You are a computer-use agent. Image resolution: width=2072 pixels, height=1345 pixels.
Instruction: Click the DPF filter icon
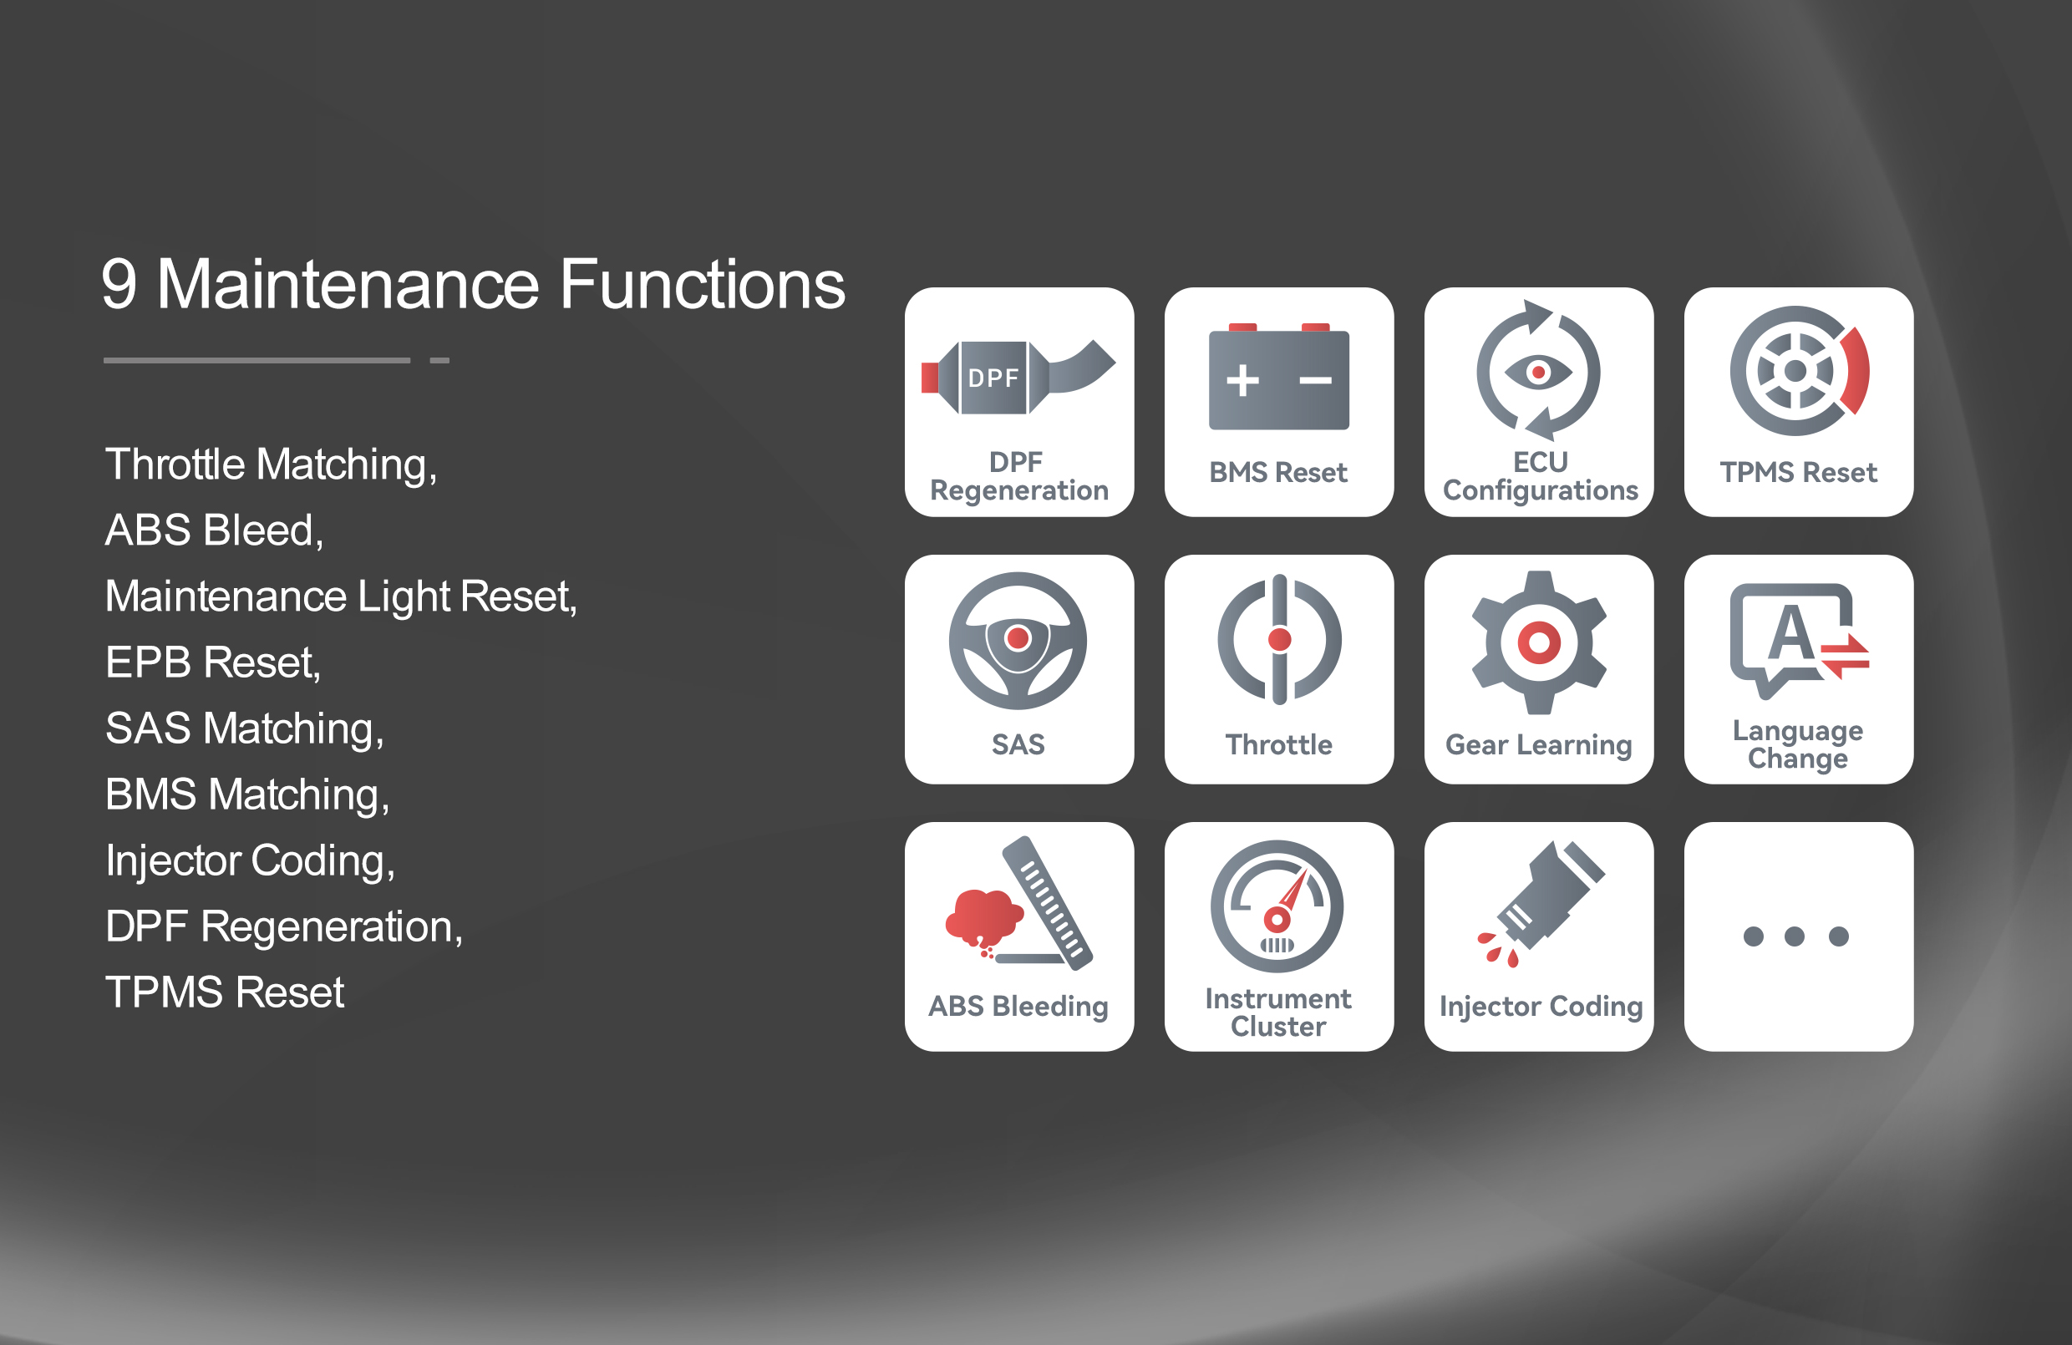tap(1018, 377)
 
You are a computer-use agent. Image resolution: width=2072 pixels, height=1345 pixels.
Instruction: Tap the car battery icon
tap(1279, 376)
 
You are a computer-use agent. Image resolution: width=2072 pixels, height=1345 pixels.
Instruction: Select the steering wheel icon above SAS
tap(1018, 641)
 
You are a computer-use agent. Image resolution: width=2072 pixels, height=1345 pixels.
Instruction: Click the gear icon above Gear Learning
tap(1539, 642)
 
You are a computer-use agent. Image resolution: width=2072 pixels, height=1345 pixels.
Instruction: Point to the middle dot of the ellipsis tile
tap(1795, 936)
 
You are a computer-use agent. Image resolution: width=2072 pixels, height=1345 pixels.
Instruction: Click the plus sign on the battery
tap(1242, 380)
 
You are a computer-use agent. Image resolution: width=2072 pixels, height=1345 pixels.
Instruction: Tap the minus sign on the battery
tap(1315, 380)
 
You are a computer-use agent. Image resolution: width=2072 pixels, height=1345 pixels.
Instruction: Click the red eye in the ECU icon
tap(1538, 373)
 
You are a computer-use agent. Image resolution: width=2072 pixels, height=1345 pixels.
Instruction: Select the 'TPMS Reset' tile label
tap(1799, 472)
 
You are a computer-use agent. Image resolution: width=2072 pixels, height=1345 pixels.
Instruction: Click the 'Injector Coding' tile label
tap(1540, 1006)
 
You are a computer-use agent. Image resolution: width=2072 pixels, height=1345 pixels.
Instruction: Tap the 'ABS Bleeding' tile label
tap(1018, 1006)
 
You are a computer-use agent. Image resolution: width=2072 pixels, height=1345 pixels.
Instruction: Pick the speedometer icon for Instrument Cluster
tap(1277, 906)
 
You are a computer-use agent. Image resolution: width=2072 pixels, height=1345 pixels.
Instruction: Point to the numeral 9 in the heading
tap(119, 285)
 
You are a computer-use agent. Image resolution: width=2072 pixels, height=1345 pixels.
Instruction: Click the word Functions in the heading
tap(702, 285)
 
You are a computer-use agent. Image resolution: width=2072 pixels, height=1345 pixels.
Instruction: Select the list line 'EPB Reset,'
tap(213, 662)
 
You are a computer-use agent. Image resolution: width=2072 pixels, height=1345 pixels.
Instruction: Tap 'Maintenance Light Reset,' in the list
tap(341, 596)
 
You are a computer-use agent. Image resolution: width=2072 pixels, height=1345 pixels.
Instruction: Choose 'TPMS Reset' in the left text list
tap(225, 992)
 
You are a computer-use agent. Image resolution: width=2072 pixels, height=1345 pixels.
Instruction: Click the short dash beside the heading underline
tap(439, 359)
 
